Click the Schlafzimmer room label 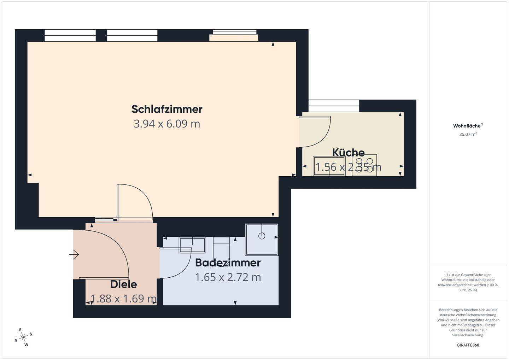tap(167, 109)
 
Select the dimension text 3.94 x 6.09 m tap(167, 124)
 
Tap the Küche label tap(348, 153)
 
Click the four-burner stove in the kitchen tap(364, 165)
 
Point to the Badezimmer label tap(228, 263)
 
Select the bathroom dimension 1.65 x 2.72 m tap(228, 277)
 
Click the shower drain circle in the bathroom tap(262, 236)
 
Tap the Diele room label tap(123, 284)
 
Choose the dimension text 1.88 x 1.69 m tap(123, 299)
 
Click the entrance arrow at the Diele tap(75, 254)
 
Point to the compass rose tap(23, 337)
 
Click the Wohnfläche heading tap(468, 126)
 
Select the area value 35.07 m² tap(468, 134)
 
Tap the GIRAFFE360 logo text tap(468, 345)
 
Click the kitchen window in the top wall tap(334, 103)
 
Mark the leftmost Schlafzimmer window tap(70, 35)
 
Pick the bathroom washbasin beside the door tap(193, 245)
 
